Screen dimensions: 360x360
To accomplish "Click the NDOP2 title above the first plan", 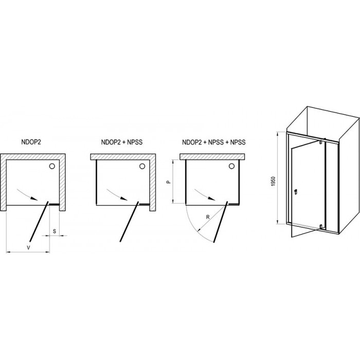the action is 31,142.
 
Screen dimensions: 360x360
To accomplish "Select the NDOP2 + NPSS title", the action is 122,142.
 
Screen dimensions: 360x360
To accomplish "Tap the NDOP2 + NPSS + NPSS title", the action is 214,142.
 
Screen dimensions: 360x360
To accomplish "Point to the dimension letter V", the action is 28,247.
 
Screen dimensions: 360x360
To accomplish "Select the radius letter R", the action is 208,217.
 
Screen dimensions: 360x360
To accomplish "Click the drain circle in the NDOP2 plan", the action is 52,166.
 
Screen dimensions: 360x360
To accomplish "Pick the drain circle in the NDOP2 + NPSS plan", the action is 142,166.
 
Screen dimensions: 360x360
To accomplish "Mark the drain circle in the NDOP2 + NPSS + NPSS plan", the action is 231,166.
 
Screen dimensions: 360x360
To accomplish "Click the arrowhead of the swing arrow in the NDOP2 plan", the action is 34,199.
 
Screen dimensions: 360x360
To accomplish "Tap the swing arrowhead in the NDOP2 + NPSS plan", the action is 124,199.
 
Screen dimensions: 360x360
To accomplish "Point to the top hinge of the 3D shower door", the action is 321,141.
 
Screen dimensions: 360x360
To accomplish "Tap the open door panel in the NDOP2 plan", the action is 39,221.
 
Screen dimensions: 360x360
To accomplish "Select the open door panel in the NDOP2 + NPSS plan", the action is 129,221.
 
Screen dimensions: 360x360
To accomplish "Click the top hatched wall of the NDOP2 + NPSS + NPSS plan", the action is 212,156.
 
